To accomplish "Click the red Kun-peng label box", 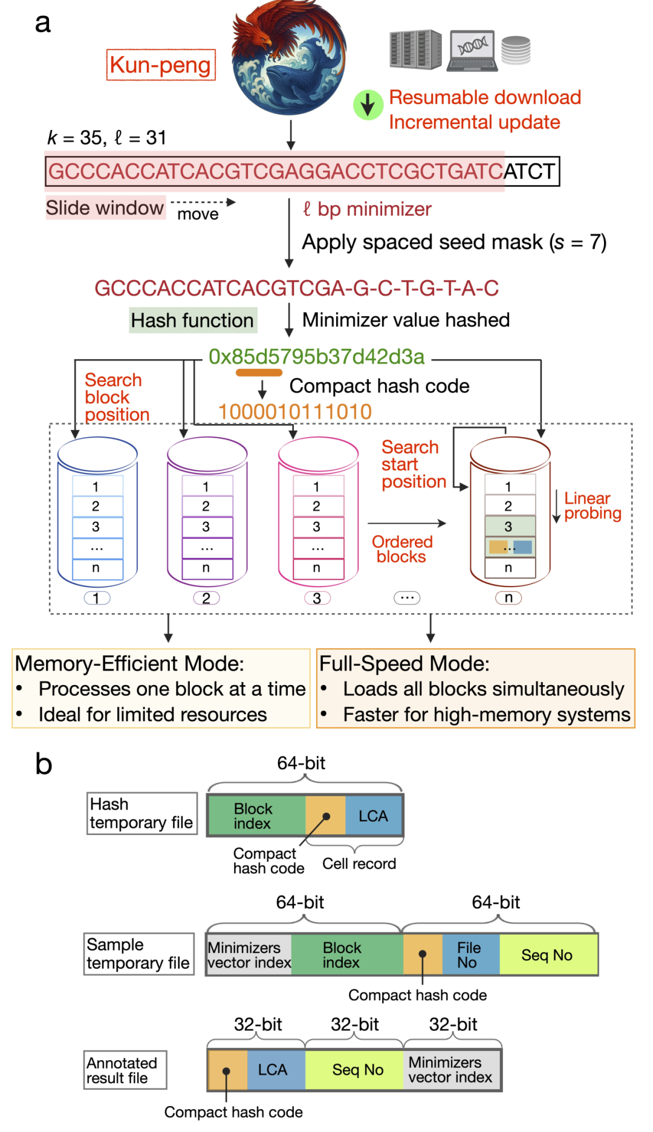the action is coord(161,65).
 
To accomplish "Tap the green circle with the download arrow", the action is coord(368,105).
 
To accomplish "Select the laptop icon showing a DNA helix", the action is coord(472,51).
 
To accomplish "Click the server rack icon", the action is coord(415,49).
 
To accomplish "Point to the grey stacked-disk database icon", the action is coord(516,50).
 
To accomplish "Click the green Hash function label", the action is coord(193,320).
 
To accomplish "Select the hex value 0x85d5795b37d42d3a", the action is coord(316,357).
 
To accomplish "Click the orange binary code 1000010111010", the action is coord(294,412).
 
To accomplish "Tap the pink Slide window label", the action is coord(105,207).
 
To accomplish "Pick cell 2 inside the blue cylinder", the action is coord(97,506).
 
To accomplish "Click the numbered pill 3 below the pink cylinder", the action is coord(317,598).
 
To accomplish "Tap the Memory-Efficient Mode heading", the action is coord(129,663).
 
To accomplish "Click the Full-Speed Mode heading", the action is coord(404,663).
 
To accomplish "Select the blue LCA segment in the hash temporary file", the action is coord(373,816).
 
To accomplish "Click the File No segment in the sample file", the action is coord(470,955).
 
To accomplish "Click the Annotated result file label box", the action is coord(125,1070).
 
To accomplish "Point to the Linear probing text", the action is coord(593,506).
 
